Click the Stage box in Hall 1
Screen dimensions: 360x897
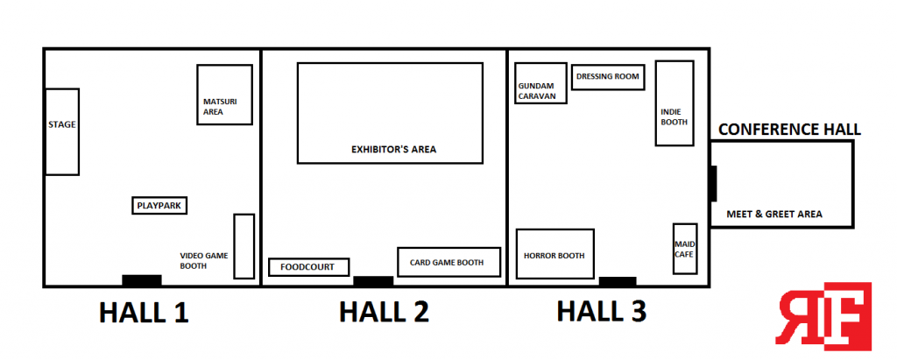pyautogui.click(x=62, y=131)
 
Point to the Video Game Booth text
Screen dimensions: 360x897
pyautogui.click(x=204, y=260)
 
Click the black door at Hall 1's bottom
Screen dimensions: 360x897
pyautogui.click(x=142, y=280)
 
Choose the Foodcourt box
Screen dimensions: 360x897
pyautogui.click(x=308, y=267)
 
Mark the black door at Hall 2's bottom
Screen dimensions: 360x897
pyautogui.click(x=373, y=281)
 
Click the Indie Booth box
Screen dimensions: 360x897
pyautogui.click(x=675, y=102)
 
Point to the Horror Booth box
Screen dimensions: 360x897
pyautogui.click(x=555, y=256)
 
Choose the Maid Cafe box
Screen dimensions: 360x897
pyautogui.click(x=684, y=247)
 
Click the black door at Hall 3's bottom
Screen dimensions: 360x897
pyautogui.click(x=618, y=281)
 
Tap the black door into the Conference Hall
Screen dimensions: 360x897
pyautogui.click(x=713, y=184)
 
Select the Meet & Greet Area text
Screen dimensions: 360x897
pyautogui.click(x=774, y=214)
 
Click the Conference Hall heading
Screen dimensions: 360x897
pyautogui.click(x=789, y=130)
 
